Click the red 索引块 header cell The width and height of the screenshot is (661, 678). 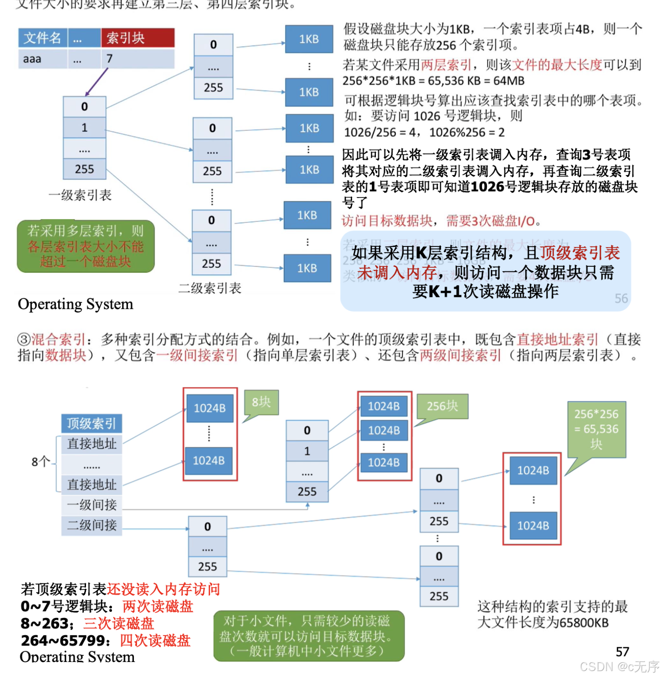point(137,38)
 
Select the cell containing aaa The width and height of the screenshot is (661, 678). point(42,59)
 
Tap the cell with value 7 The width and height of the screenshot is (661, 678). point(137,59)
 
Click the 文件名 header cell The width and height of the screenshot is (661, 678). point(42,38)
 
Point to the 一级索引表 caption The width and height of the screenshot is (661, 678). point(80,195)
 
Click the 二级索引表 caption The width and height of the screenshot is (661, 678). point(210,288)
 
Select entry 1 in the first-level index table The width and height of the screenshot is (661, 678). point(84,128)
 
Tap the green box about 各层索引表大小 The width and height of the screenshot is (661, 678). point(86,246)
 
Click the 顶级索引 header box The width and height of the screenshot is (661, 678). point(92,423)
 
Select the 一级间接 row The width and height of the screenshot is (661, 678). point(92,505)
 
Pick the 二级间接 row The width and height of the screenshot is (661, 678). point(92,525)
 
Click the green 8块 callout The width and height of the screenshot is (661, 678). point(261,403)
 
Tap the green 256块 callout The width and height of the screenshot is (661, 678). point(442,406)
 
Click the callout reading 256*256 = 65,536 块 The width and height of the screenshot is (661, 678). point(596,429)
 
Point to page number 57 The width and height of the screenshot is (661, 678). point(623,652)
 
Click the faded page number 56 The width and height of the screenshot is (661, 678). point(621,298)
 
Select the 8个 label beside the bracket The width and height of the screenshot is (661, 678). point(41,462)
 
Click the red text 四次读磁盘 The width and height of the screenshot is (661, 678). point(155,640)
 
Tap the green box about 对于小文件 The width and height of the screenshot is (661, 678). point(308,636)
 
